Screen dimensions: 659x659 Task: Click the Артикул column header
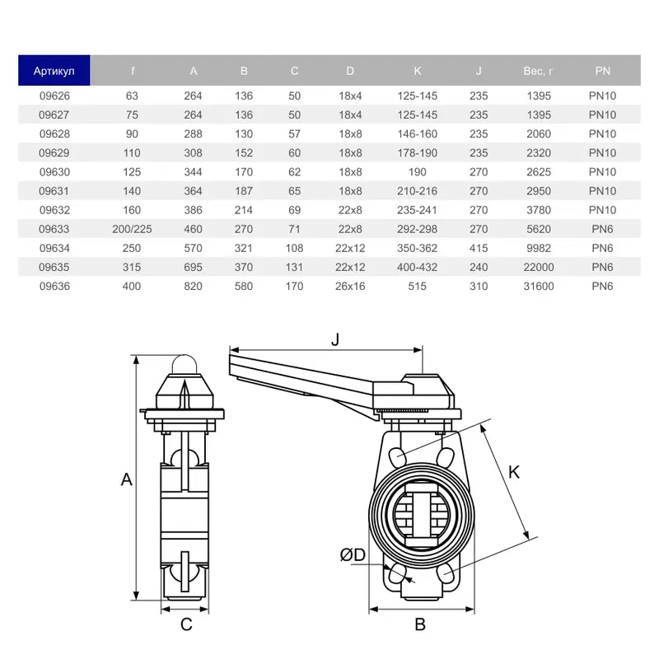coord(54,71)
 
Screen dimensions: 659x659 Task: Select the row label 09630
coord(54,172)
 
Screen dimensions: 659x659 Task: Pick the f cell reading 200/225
coord(132,229)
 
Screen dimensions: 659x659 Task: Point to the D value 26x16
coord(350,287)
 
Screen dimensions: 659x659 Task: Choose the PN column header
coord(602,71)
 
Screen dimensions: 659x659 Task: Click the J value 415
coord(478,248)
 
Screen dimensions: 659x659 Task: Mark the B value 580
coord(244,287)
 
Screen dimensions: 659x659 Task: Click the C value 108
coord(295,248)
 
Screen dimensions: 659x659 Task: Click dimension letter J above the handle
coord(334,339)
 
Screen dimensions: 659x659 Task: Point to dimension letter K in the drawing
coord(514,472)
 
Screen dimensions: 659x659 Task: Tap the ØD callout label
coord(353,556)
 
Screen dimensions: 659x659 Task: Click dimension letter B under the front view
coord(419,624)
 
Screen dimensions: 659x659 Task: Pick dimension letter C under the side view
coord(186,624)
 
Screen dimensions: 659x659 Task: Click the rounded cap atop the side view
coord(185,365)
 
